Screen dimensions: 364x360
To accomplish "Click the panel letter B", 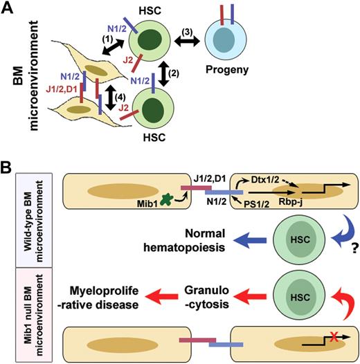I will tap(9, 169).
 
